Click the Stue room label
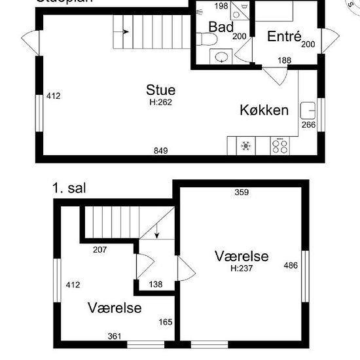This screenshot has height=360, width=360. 161,90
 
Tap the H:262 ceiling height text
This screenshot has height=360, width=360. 161,101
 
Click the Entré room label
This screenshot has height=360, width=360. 283,37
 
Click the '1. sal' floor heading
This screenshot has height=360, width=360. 70,189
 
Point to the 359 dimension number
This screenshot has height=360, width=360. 242,192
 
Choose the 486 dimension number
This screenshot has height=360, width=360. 290,265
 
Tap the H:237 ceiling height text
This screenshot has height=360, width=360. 242,268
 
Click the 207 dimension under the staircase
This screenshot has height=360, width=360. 100,249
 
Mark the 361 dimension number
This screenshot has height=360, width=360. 115,336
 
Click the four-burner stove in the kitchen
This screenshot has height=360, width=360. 280,146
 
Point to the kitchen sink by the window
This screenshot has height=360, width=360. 307,109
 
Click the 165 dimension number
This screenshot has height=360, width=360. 166,322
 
